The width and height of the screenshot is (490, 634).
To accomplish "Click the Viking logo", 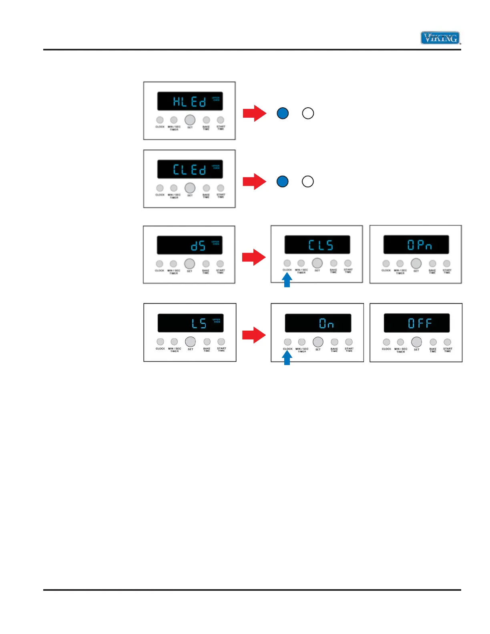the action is click(440, 38).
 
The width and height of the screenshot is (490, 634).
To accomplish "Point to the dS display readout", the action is click(198, 245).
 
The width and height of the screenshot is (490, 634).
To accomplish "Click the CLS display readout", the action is click(320, 245).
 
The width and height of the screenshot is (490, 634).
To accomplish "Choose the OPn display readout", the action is click(419, 245).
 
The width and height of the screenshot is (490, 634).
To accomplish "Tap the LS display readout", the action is click(199, 323).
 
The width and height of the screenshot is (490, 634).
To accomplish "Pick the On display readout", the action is click(326, 323).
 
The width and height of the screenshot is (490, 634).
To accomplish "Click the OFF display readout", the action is click(419, 323).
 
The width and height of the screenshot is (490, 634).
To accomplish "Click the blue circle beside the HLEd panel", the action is click(283, 113).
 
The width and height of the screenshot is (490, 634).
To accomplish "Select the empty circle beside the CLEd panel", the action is click(307, 181).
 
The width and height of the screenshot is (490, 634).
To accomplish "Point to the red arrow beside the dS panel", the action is click(254, 257).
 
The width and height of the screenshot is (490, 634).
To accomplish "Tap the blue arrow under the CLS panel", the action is click(287, 280).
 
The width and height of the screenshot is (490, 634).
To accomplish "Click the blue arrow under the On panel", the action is click(287, 358).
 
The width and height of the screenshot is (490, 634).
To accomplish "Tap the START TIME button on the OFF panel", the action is click(447, 342).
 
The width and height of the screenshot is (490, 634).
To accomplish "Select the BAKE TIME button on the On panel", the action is click(334, 342).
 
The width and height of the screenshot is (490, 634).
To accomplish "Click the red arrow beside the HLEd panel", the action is click(254, 113).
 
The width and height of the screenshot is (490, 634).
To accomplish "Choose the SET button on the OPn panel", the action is click(416, 263).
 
